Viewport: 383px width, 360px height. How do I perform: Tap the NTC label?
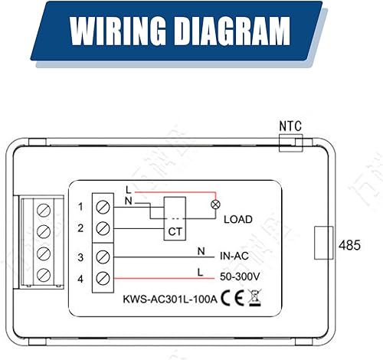(290, 124)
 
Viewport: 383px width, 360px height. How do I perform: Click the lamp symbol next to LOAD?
(214, 205)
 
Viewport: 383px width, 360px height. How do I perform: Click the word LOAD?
(237, 219)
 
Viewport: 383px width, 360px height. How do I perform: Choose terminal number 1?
(81, 206)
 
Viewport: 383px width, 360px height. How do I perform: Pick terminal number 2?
(81, 228)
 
